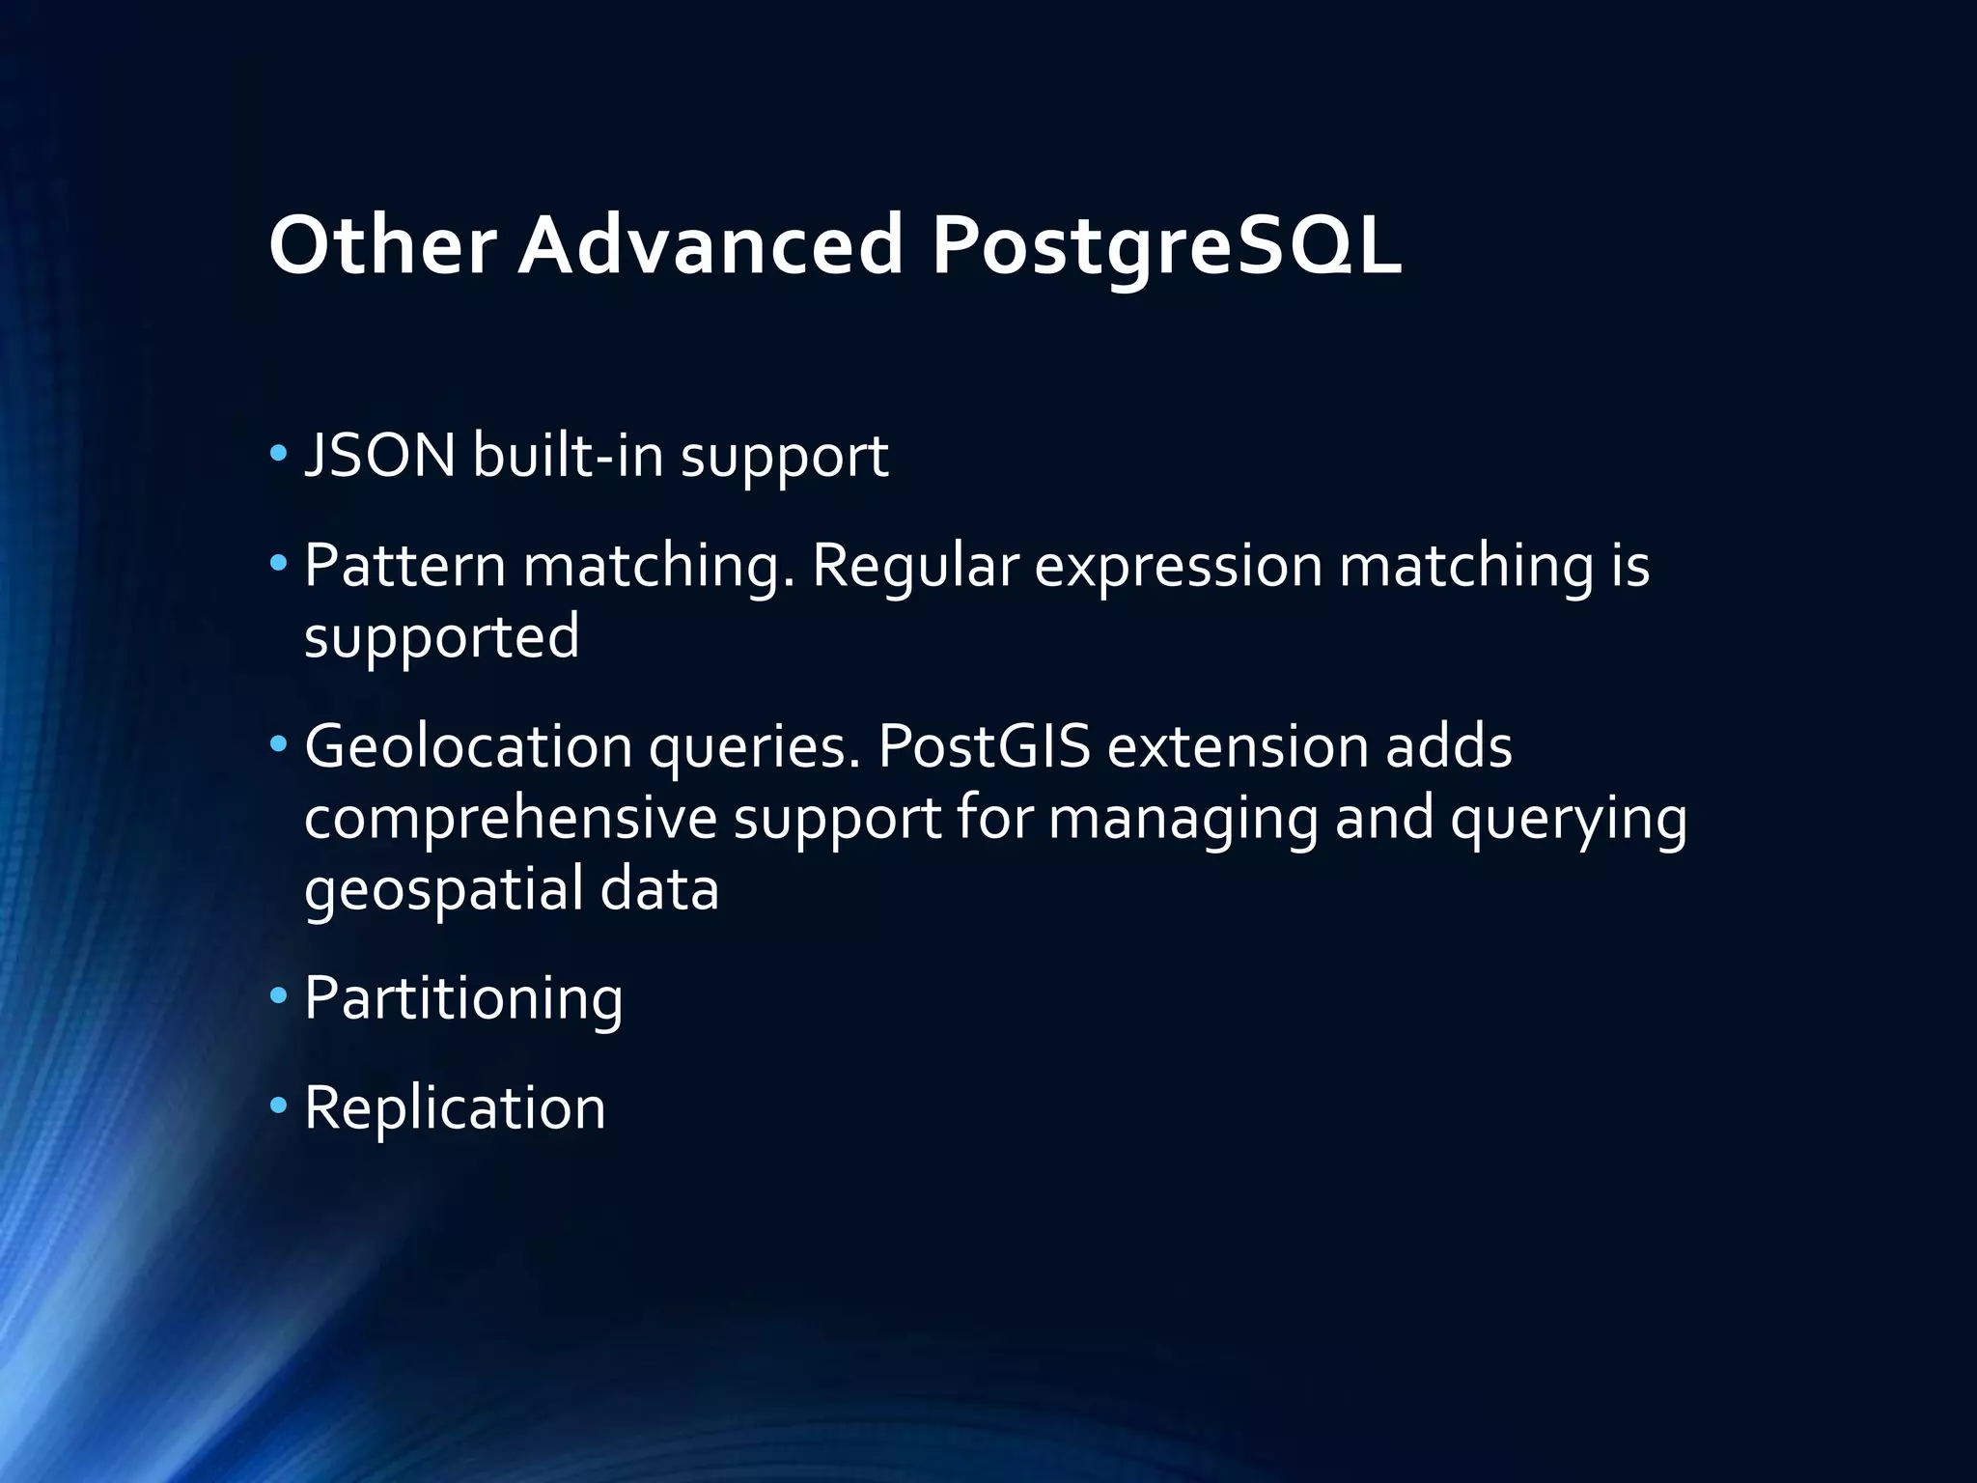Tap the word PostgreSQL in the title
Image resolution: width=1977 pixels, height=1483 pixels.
[x=1166, y=247]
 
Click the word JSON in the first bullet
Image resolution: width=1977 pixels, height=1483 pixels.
[x=379, y=455]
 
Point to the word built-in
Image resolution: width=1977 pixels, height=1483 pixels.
[x=569, y=455]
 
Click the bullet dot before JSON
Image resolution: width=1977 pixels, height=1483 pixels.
[x=279, y=453]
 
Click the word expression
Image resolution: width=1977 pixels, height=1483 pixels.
[x=1178, y=568]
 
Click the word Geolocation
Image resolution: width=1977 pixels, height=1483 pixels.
[x=468, y=746]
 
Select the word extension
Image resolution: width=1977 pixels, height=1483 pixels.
[x=1238, y=746]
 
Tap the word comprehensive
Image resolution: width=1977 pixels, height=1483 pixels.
[x=510, y=819]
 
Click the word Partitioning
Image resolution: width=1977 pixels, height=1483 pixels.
[x=463, y=998]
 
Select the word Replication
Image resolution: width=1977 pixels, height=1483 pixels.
[x=455, y=1107]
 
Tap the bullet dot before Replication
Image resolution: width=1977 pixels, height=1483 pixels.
[x=279, y=1105]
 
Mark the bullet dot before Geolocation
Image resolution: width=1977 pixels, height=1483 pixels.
[x=279, y=744]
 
